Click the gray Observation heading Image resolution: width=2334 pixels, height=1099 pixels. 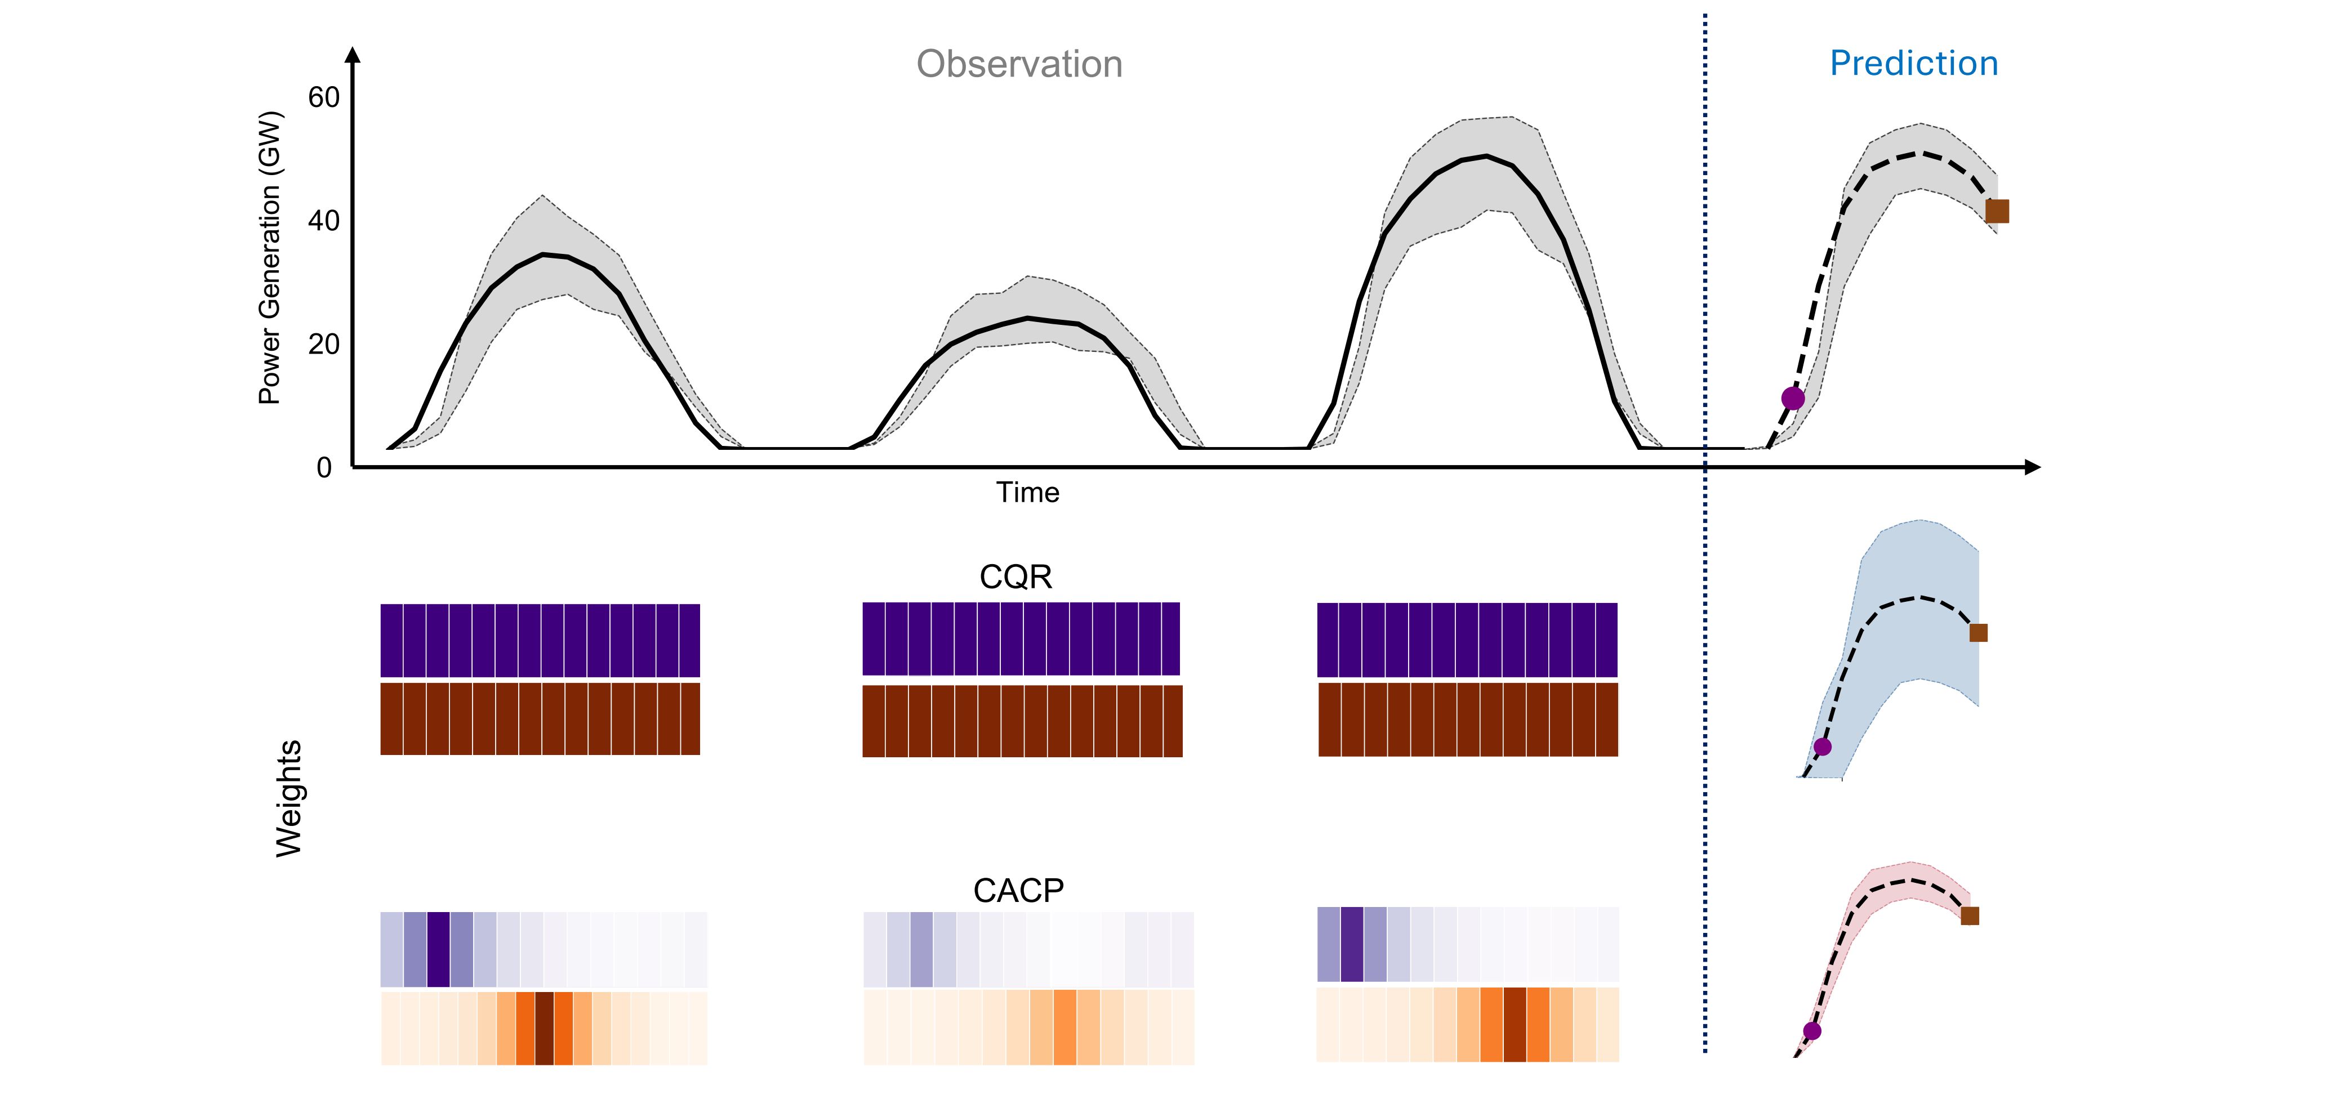(x=1019, y=64)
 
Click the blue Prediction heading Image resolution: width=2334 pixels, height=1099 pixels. (x=1914, y=64)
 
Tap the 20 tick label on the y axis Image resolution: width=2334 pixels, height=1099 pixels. (x=323, y=345)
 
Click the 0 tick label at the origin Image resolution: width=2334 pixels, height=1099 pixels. (x=323, y=467)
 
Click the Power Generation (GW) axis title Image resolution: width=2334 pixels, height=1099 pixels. (x=270, y=257)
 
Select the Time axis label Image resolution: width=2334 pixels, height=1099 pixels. (x=1027, y=492)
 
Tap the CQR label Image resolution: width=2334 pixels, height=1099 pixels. (x=1015, y=577)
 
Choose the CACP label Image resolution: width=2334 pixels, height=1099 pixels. (x=1018, y=891)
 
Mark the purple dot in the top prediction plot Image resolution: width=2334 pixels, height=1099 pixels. (x=1792, y=397)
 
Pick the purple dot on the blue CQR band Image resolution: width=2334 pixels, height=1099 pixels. (x=1822, y=747)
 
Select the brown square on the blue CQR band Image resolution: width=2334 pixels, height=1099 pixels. (x=1978, y=632)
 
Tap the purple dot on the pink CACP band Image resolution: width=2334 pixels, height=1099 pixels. (x=1811, y=1030)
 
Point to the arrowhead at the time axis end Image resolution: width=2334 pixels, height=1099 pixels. (x=2032, y=467)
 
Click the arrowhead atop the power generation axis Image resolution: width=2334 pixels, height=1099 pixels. (x=353, y=55)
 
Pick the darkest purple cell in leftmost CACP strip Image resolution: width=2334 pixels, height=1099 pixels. (x=439, y=949)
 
